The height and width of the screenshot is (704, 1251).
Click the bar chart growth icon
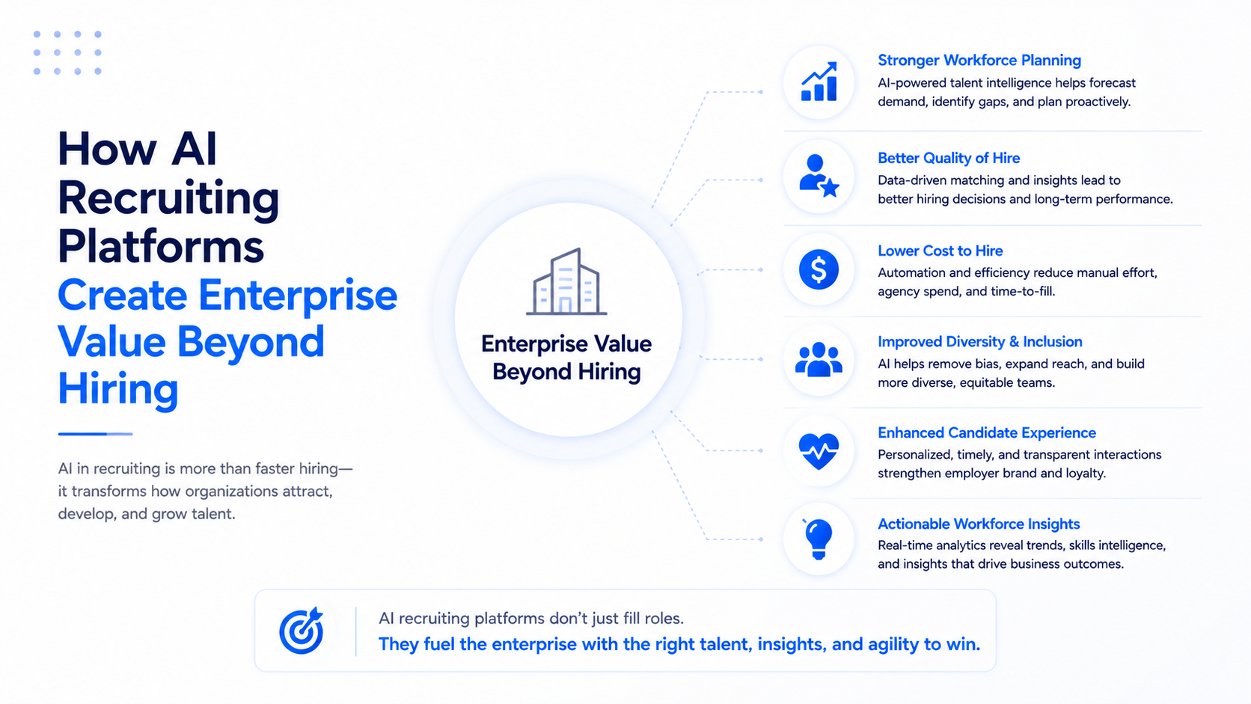pos(819,82)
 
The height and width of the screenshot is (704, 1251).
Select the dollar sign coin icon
pos(819,269)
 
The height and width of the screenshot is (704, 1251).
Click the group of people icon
pos(819,360)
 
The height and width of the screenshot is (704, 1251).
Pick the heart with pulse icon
pos(819,451)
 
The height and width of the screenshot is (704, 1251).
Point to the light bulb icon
pos(819,539)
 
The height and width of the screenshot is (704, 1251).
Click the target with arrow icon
pos(302,630)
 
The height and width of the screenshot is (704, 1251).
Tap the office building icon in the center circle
pos(566,281)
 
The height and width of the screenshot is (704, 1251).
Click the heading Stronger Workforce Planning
pos(979,61)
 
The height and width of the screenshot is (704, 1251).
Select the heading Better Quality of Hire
pos(948,158)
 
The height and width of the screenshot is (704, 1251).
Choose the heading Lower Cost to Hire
pos(940,251)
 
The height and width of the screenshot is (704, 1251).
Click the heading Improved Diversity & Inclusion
pos(979,342)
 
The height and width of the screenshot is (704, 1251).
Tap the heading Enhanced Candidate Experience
pos(986,432)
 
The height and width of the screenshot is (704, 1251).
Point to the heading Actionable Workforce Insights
pos(979,524)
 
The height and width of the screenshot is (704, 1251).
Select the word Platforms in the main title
pos(161,246)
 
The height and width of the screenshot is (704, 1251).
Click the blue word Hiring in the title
pos(117,390)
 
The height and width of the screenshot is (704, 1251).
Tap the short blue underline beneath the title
pos(96,434)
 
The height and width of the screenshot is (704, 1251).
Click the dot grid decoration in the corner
pos(67,52)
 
